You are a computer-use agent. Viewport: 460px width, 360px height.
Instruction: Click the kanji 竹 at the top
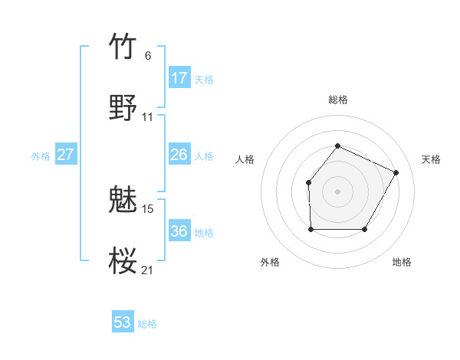pos(123,47)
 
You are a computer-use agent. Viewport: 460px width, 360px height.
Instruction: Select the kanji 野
pos(123,108)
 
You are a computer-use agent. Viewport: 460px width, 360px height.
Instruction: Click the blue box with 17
pos(179,78)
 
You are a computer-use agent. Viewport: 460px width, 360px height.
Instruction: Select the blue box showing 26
pos(179,155)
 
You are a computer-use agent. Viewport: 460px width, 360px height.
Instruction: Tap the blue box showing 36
pos(179,231)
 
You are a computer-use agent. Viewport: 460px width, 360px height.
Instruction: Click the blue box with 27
pos(65,155)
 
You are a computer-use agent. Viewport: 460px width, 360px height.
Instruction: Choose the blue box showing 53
pos(123,322)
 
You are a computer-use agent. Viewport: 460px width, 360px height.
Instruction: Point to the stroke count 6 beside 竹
pos(148,56)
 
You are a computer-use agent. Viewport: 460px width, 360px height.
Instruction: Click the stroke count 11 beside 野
pos(147,117)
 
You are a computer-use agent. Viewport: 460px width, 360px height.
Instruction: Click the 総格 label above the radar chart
pos(337,100)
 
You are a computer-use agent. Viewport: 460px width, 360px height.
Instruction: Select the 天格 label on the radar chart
pos(431,159)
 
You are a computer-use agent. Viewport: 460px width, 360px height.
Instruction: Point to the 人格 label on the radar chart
pos(245,159)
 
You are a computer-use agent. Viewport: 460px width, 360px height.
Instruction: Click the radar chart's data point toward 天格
pos(396,172)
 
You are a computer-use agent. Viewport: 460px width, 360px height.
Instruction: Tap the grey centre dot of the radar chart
pos(337,191)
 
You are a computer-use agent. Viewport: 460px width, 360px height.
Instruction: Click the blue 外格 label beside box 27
pos(41,155)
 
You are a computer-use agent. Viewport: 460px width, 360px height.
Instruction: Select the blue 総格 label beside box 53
pos(147,324)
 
